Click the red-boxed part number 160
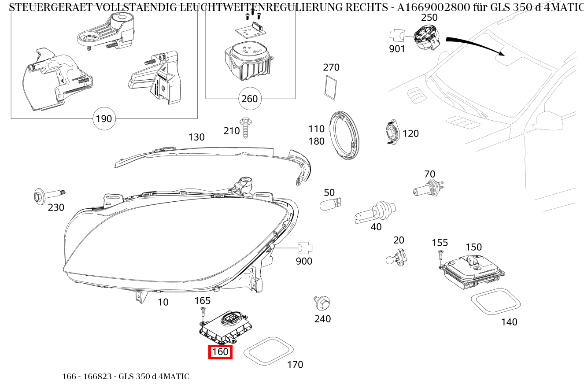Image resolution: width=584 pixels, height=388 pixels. click(x=220, y=352)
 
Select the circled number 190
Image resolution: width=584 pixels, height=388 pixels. click(x=104, y=118)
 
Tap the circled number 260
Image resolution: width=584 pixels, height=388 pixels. click(x=249, y=99)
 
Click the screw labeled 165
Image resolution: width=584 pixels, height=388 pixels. click(x=203, y=312)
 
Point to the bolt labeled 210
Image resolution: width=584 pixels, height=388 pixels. click(x=245, y=127)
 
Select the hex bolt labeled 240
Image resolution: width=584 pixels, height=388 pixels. click(x=323, y=303)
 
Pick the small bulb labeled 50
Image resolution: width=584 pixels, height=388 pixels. click(x=330, y=203)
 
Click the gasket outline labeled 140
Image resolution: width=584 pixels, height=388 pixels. click(x=495, y=302)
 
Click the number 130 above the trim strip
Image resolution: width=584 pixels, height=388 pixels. click(x=196, y=137)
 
